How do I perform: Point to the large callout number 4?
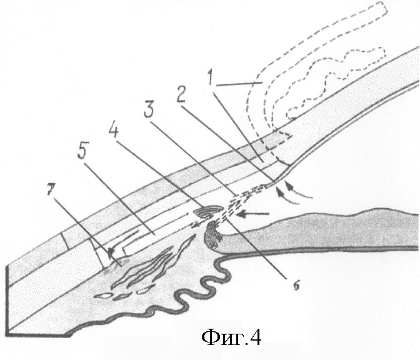click(113, 128)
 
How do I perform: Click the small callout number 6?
click(296, 286)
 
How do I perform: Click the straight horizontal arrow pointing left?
click(253, 214)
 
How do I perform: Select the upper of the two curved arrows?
click(297, 191)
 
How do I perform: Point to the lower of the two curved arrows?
click(286, 197)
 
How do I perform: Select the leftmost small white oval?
click(102, 296)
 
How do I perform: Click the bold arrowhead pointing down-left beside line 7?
click(111, 251)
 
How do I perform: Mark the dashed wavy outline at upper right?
click(335, 83)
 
